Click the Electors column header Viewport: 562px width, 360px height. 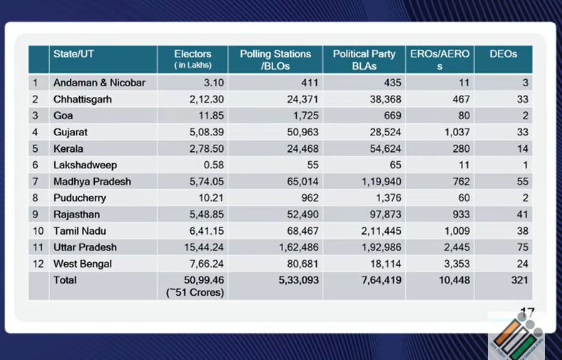[x=193, y=59]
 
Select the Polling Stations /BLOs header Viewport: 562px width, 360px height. [x=275, y=60]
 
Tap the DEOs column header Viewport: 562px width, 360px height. [x=504, y=54]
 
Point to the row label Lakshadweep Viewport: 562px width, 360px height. [x=85, y=165]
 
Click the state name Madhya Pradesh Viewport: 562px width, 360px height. [x=92, y=182]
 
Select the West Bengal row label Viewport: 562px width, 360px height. [x=83, y=264]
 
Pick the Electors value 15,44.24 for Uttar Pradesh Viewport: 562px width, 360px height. [x=204, y=247]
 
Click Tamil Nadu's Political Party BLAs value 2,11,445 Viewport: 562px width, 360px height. [x=381, y=231]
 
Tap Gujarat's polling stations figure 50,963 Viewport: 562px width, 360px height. [x=302, y=132]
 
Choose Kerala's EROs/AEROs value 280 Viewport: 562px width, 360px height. [x=461, y=149]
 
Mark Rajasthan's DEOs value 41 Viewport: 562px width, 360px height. [x=522, y=215]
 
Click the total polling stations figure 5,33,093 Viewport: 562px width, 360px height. [x=299, y=280]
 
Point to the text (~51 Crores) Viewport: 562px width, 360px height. [x=195, y=293]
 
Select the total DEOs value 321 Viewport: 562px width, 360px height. [x=519, y=280]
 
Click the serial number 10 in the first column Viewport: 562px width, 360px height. [x=38, y=231]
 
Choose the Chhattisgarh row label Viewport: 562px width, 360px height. [x=83, y=100]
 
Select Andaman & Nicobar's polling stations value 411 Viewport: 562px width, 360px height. [x=310, y=83]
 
